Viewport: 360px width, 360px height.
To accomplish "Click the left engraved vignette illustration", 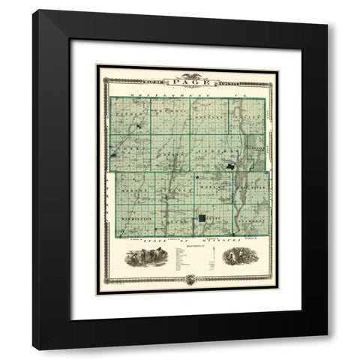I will click(142, 257).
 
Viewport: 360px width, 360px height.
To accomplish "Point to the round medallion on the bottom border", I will click(189, 279).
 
